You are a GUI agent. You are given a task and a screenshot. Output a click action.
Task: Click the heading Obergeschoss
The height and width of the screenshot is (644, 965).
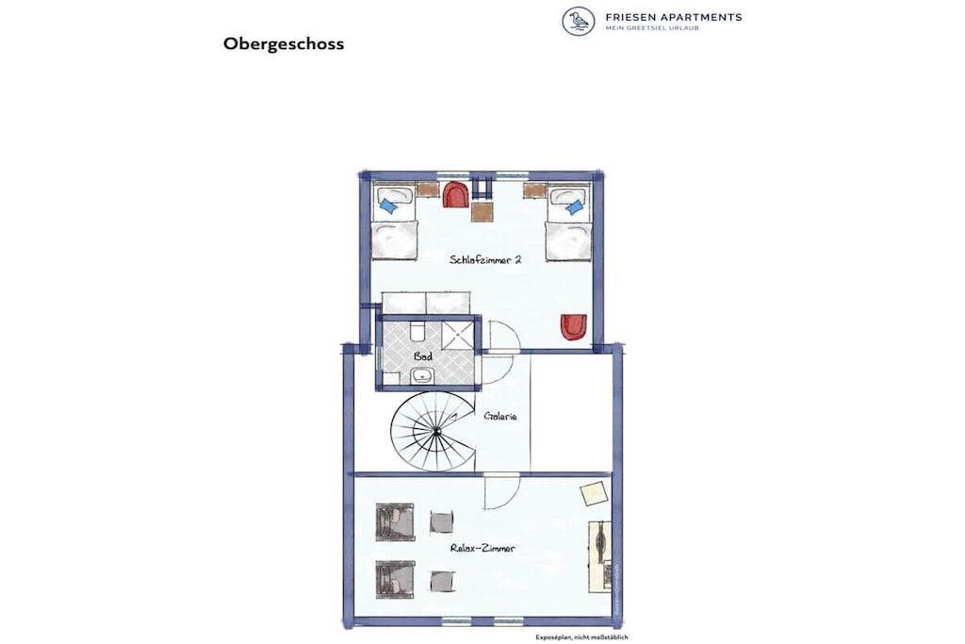click(283, 44)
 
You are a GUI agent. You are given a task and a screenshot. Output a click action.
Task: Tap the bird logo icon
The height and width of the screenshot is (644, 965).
click(579, 21)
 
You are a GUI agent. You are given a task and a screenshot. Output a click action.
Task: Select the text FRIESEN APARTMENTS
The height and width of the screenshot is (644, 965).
click(673, 17)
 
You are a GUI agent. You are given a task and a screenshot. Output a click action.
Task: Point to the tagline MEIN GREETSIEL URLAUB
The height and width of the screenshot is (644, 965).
click(652, 28)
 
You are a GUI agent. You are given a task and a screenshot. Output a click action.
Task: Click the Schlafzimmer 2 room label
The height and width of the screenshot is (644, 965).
click(485, 260)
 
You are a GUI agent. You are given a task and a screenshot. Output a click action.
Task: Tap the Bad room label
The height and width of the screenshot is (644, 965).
click(423, 356)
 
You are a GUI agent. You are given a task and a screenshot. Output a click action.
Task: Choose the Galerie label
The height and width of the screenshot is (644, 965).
click(499, 416)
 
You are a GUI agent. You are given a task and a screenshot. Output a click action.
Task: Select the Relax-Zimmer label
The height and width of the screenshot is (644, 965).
click(482, 548)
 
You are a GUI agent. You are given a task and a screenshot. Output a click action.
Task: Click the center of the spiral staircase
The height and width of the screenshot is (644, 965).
click(436, 432)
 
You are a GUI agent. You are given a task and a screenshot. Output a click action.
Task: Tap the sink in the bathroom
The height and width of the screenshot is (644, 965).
click(421, 374)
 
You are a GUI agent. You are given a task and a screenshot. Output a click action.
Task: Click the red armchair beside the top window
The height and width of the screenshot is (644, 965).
click(455, 194)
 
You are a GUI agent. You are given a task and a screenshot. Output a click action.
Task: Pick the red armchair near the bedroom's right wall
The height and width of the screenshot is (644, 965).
click(574, 327)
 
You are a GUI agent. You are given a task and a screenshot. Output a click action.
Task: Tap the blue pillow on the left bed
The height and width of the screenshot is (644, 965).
click(387, 206)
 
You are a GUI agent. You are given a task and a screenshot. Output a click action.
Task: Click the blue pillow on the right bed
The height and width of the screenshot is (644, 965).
click(574, 206)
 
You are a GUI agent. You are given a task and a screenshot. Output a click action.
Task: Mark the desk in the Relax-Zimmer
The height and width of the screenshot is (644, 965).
click(600, 556)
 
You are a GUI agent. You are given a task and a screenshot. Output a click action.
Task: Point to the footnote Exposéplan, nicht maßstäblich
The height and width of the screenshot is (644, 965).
click(581, 637)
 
